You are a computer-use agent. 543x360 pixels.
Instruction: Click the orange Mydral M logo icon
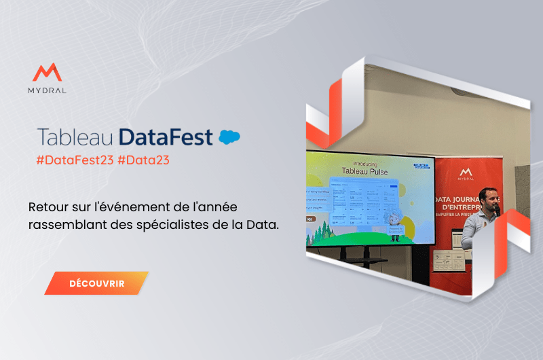pyautogui.click(x=47, y=73)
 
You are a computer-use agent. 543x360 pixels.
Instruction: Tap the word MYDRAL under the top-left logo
pyautogui.click(x=48, y=90)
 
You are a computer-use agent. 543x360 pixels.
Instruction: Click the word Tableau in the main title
pyautogui.click(x=75, y=136)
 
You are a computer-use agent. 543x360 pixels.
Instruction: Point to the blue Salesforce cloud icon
pyautogui.click(x=229, y=137)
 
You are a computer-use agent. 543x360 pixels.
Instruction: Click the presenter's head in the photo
pyautogui.click(x=488, y=196)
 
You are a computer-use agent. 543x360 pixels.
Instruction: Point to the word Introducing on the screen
pyautogui.click(x=369, y=162)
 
